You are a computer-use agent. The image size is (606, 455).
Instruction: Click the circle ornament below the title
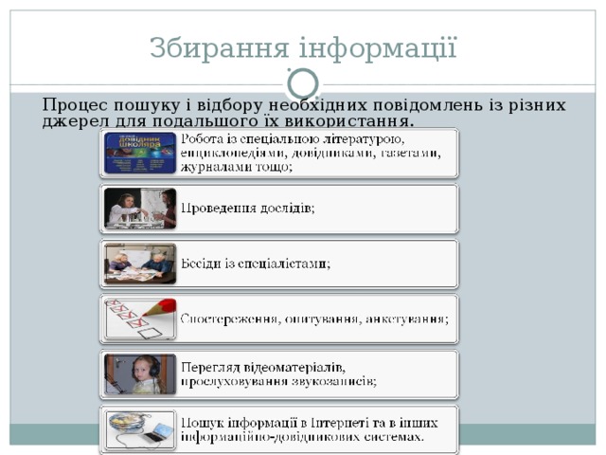(x=303, y=85)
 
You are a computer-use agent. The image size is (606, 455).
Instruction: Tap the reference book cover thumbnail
(x=140, y=153)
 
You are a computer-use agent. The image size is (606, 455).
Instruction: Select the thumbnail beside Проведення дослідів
(x=140, y=209)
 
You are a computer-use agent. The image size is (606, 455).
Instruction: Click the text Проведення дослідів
(x=248, y=208)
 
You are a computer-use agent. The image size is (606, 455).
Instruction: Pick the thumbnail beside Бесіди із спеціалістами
(x=140, y=264)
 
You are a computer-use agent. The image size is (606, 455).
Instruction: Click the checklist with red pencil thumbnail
(x=140, y=319)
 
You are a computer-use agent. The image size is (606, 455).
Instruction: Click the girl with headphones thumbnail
(x=140, y=374)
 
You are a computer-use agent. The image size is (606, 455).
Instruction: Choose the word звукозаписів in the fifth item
(x=335, y=381)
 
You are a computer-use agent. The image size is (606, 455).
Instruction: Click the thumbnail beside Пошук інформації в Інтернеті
(x=140, y=430)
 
